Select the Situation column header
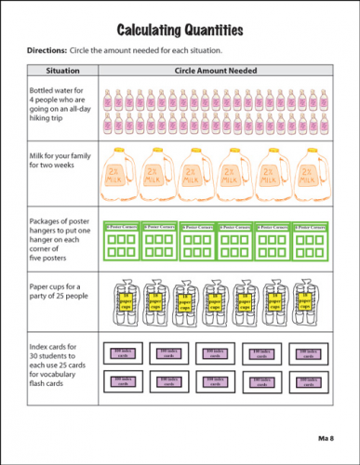tap(67, 70)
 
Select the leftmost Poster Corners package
tap(120, 240)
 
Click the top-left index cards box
tap(126, 352)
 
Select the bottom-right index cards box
tap(308, 380)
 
